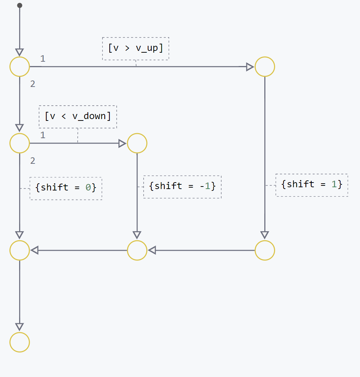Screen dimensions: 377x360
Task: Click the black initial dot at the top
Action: click(19, 5)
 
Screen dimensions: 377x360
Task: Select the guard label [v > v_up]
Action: click(135, 48)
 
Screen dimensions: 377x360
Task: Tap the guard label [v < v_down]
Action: click(78, 117)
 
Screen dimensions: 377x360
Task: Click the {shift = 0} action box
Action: click(66, 188)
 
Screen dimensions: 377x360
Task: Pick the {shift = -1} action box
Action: click(182, 187)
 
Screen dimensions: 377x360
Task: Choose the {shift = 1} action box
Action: click(312, 185)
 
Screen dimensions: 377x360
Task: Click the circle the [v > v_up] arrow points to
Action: click(265, 67)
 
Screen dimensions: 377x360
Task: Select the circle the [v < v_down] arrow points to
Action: click(137, 143)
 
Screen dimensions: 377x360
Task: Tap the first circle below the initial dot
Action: click(19, 67)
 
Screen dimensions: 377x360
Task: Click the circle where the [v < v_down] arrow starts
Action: click(19, 143)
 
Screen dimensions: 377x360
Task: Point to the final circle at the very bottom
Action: click(19, 342)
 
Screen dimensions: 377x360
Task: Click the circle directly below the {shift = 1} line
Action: click(265, 250)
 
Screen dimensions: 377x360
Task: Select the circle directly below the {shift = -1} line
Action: click(137, 250)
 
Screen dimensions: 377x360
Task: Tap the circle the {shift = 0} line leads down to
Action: click(19, 250)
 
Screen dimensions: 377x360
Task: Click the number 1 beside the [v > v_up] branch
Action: click(43, 58)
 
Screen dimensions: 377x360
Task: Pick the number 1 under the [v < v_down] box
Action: click(43, 135)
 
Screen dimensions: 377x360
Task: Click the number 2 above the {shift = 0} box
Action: click(32, 161)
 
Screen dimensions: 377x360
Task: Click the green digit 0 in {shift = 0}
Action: click(88, 188)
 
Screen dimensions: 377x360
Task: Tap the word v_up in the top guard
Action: click(147, 48)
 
